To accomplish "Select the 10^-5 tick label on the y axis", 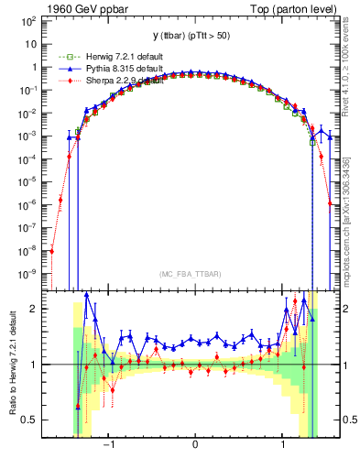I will (32, 180).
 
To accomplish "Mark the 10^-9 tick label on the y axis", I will (32, 273).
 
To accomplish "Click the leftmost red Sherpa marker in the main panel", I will (52, 251).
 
